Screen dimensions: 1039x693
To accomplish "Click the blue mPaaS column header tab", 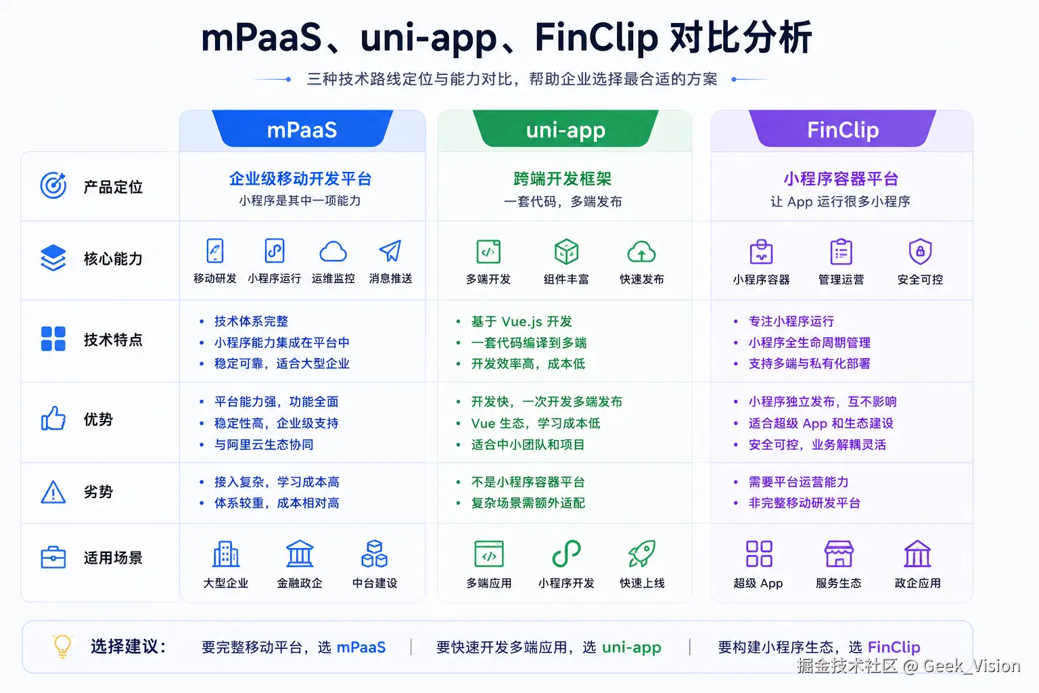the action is click(x=302, y=129).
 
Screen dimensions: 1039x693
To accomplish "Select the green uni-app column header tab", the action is click(x=565, y=129).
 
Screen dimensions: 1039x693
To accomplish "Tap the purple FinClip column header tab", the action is click(x=842, y=129).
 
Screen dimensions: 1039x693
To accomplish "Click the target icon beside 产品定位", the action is click(x=53, y=185).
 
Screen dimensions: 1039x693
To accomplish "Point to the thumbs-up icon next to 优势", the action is click(x=53, y=418).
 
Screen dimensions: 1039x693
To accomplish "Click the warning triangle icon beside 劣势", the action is click(x=53, y=491).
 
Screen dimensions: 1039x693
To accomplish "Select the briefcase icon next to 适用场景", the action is click(x=53, y=557).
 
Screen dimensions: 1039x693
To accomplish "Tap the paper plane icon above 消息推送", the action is click(x=390, y=250).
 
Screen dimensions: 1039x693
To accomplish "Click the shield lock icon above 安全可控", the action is click(x=920, y=252).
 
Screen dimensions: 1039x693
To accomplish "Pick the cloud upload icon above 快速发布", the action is click(x=641, y=252).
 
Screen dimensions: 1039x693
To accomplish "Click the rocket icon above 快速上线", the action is click(x=641, y=554).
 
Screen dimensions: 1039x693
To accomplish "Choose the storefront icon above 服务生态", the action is click(x=838, y=554).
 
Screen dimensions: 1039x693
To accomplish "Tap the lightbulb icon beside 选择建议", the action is click(x=62, y=646).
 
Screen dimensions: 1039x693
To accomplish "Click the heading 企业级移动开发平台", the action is click(x=300, y=179).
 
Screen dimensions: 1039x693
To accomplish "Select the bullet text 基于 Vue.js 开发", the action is click(x=522, y=321).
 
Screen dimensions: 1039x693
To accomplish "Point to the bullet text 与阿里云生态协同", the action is click(x=263, y=445).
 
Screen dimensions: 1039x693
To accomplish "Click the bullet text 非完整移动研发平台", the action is click(x=804, y=503).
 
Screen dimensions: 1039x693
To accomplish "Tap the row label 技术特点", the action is click(x=113, y=340).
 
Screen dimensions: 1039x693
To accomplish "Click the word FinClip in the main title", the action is click(x=596, y=38).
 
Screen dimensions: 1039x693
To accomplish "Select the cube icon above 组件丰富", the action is click(x=566, y=252).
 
